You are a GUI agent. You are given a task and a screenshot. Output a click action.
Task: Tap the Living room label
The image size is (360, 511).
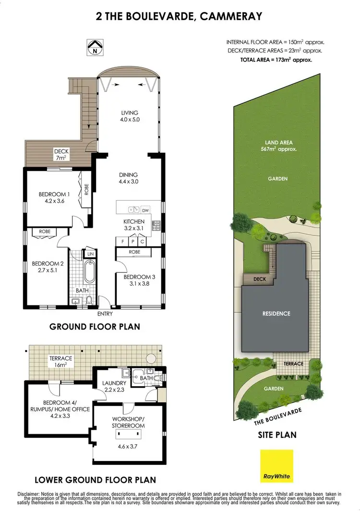(129, 117)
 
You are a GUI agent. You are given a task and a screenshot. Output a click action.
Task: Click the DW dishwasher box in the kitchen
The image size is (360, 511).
(146, 210)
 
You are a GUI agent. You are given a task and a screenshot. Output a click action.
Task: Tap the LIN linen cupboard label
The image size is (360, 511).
(90, 254)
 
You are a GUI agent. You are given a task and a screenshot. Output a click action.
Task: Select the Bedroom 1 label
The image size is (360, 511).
(54, 198)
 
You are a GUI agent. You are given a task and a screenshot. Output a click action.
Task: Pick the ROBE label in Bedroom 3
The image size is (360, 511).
(134, 252)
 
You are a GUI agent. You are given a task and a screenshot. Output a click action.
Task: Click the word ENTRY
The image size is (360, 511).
(105, 314)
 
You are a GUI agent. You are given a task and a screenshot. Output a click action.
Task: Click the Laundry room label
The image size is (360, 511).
(114, 387)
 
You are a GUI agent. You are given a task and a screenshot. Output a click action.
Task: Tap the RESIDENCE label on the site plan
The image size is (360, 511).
(276, 314)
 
